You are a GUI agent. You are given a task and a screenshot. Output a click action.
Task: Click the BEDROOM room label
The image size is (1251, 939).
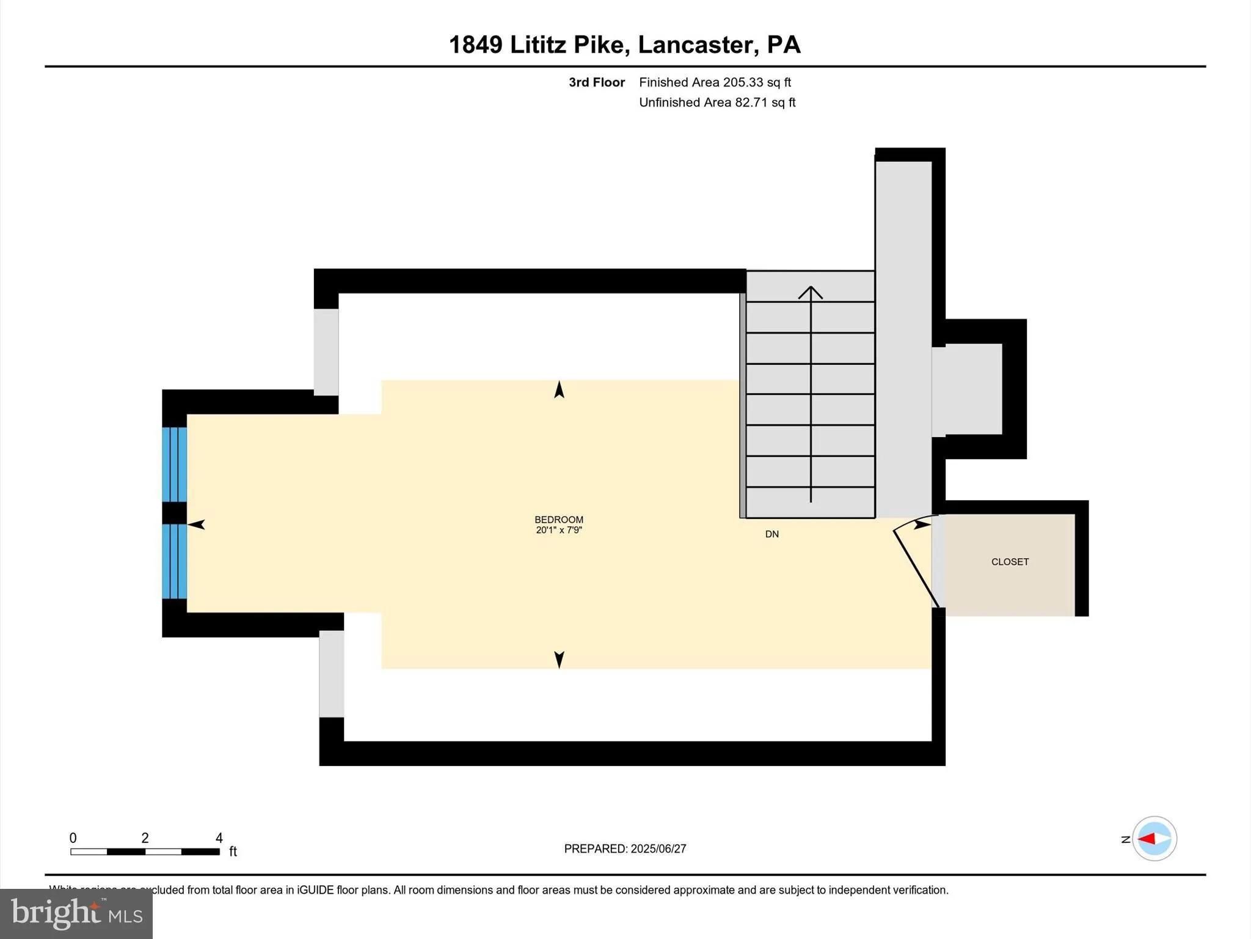(x=558, y=520)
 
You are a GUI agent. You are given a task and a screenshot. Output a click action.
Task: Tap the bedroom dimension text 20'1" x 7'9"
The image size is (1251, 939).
(x=558, y=530)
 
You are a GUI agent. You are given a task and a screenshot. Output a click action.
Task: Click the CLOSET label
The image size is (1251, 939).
(x=1010, y=562)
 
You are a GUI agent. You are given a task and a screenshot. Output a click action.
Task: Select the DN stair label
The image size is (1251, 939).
(x=771, y=534)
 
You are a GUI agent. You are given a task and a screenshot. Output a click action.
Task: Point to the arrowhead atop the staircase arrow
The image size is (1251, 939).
(x=811, y=292)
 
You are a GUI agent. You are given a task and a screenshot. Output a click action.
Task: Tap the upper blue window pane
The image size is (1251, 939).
(x=174, y=465)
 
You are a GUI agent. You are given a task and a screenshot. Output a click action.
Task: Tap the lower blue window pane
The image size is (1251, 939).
(x=174, y=561)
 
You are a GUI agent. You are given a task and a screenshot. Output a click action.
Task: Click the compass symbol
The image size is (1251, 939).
(x=1154, y=839)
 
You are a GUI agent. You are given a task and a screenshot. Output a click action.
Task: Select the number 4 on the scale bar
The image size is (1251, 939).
(x=219, y=838)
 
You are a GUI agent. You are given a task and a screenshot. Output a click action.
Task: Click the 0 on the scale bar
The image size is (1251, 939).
(x=73, y=838)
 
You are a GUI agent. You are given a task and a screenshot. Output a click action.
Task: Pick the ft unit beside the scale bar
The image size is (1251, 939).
(x=233, y=852)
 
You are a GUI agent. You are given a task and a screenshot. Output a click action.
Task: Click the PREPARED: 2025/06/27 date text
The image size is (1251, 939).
(x=625, y=849)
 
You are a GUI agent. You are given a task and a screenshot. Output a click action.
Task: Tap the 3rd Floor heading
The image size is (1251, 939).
(x=596, y=83)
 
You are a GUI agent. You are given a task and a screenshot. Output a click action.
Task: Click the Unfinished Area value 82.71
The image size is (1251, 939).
(x=751, y=103)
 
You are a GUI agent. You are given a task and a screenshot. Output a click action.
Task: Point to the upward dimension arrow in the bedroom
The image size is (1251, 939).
(x=559, y=389)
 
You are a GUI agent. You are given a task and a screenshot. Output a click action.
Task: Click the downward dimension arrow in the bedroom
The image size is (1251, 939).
(x=559, y=660)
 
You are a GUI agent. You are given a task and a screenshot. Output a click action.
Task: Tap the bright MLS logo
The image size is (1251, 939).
(x=76, y=913)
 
